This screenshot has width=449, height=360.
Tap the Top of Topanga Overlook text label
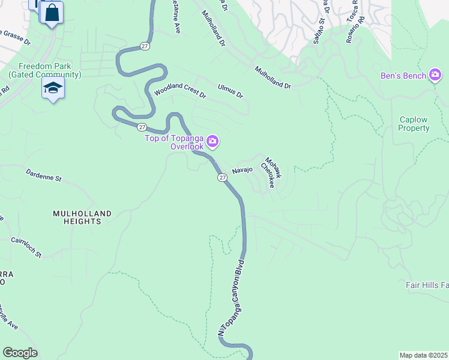pos(175,142)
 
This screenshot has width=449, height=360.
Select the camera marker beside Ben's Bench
pos(435,75)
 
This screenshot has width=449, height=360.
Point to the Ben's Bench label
pos(403,76)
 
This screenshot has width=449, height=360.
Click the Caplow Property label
pos(414,124)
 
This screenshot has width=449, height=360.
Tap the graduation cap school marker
pos(53,89)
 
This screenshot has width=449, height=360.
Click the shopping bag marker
pos(52,13)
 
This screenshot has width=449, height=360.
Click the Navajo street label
pos(243,170)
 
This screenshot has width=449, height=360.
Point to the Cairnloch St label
pos(26,247)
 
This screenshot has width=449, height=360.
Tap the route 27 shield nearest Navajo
pos(222,178)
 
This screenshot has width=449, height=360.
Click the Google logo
pos(20,353)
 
